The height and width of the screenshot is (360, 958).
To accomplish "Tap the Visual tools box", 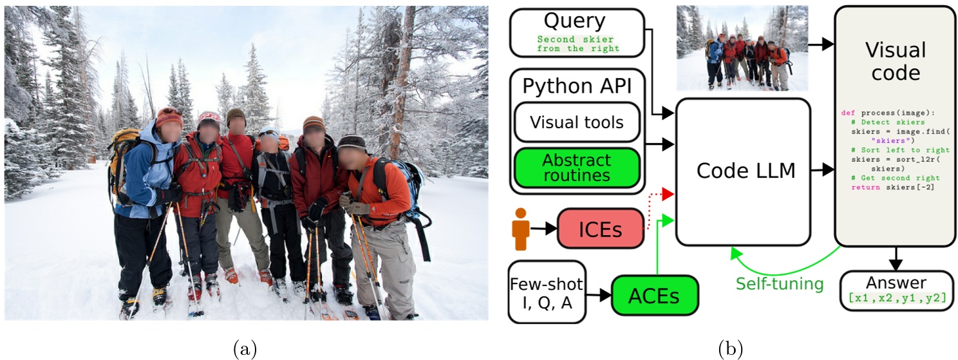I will point(576,122).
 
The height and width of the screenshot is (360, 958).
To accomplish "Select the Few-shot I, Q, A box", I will point(547,292).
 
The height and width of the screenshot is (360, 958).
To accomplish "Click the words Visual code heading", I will point(895,62).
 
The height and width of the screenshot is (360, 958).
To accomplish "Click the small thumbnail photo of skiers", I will point(742,48).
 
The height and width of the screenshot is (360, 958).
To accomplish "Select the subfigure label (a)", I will point(245,349).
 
